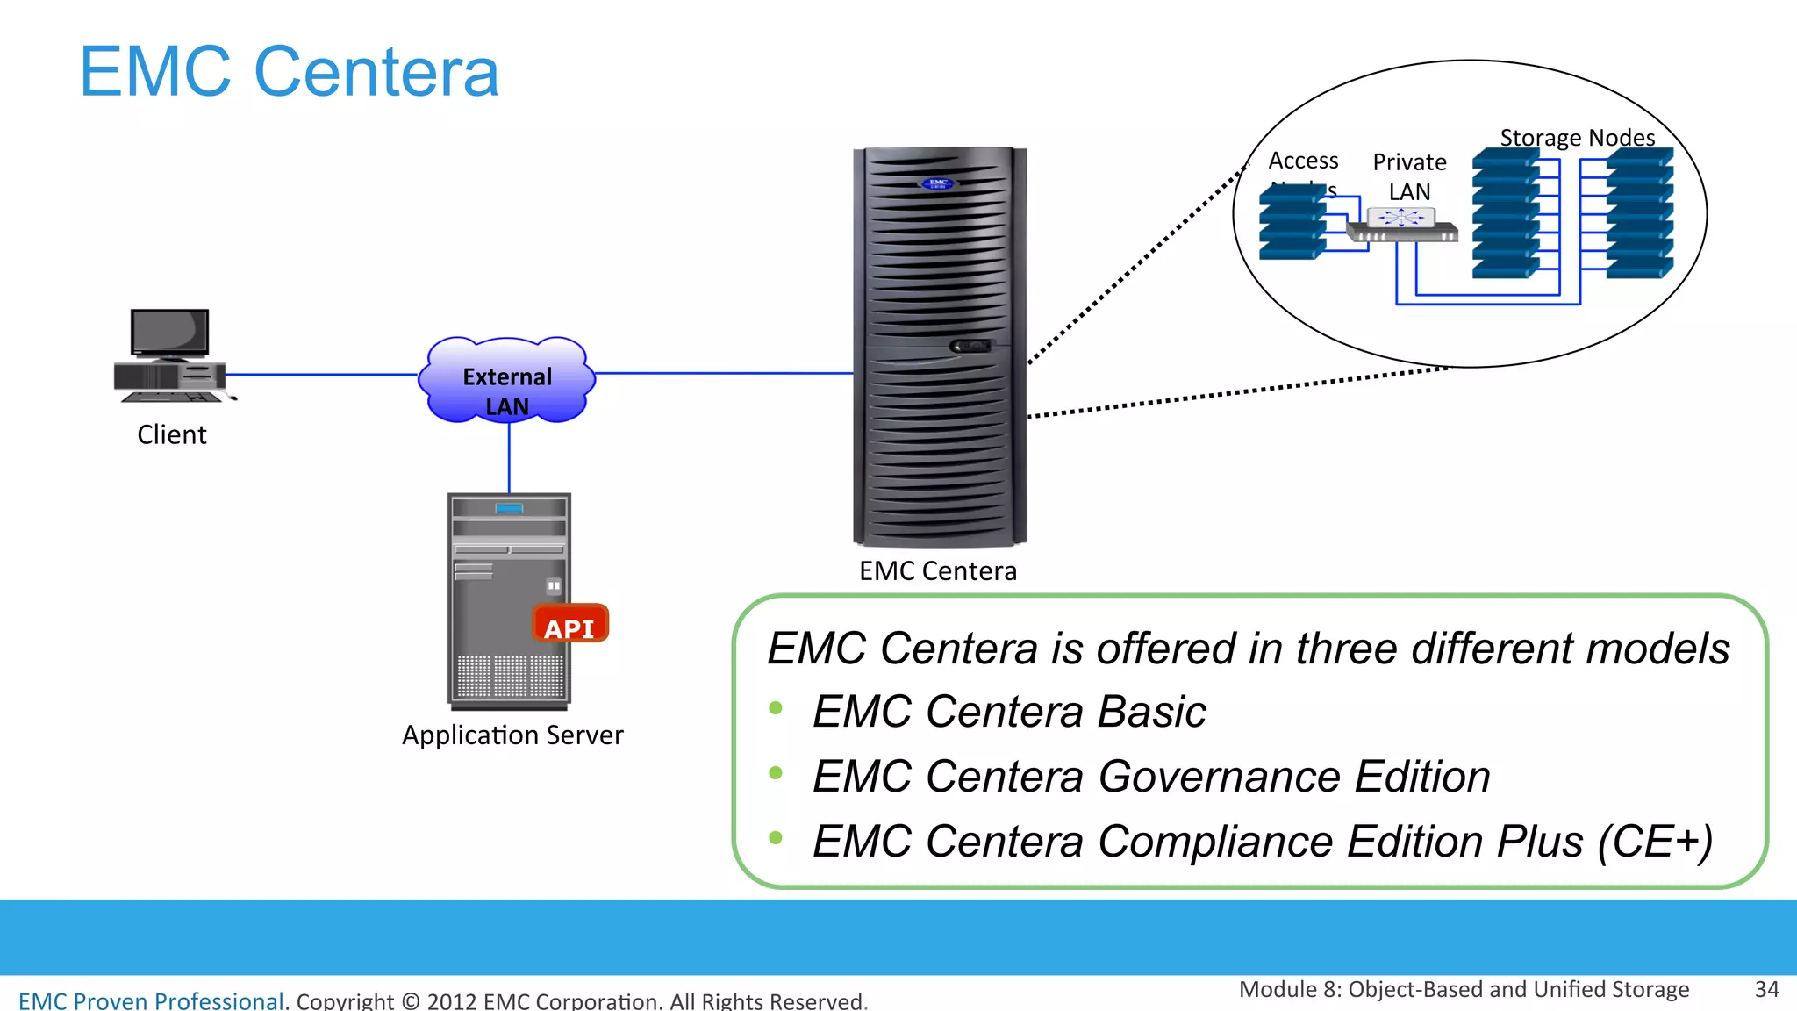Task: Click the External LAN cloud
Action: point(507,381)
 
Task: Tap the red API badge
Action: point(569,625)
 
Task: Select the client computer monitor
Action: point(169,333)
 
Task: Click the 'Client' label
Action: point(172,434)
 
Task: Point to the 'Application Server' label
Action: point(512,735)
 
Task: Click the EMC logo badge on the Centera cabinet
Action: point(937,183)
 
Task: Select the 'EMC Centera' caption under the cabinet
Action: point(938,571)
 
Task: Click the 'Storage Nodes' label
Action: point(1577,138)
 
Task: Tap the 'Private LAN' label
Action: point(1409,176)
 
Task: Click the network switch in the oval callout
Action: point(1401,225)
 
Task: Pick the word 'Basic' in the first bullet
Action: point(1152,712)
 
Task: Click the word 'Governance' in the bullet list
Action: point(1220,777)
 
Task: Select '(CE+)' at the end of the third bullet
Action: point(1655,842)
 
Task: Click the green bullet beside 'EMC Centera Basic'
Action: point(776,708)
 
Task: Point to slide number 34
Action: point(1766,990)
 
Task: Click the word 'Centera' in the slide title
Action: point(376,72)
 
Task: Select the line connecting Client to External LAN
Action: point(321,375)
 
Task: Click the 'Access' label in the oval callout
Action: point(1303,161)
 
